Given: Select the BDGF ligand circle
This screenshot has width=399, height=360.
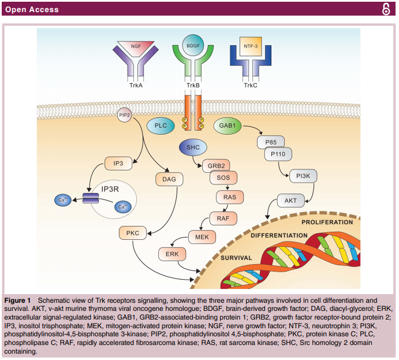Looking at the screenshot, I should [193, 46].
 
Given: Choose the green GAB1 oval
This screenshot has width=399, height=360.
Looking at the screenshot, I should [228, 125].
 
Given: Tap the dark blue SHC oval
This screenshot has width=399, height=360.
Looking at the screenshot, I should [193, 148].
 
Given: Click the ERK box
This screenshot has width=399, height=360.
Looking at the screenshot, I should [172, 254].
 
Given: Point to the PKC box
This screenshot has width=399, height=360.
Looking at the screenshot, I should [133, 233].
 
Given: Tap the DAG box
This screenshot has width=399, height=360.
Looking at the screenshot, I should [169, 180].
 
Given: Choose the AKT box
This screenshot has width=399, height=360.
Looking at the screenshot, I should [290, 201].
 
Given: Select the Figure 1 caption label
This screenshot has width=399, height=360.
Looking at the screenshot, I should [20, 300].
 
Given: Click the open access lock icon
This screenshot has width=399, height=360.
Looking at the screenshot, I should [386, 10].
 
